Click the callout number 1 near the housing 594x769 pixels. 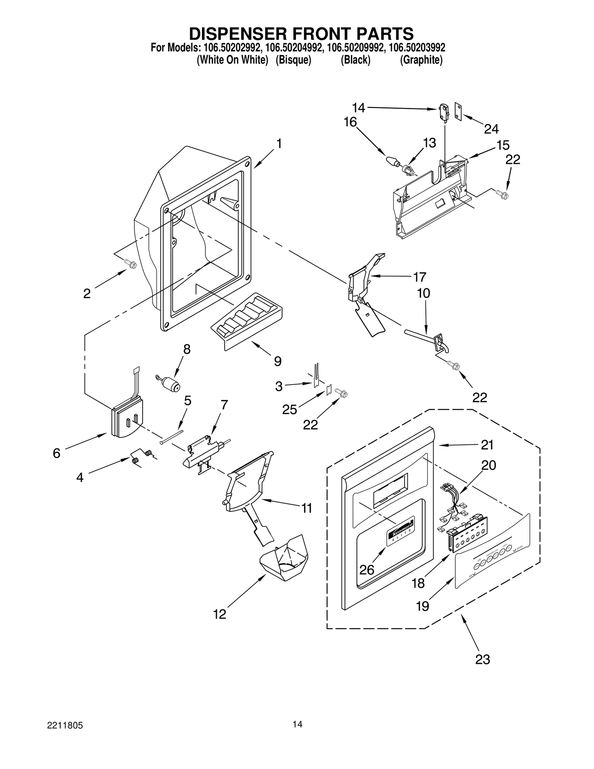coord(279,144)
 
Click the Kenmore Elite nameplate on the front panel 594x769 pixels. coord(400,531)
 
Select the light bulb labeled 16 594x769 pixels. coord(391,162)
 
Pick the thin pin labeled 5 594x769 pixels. coord(172,437)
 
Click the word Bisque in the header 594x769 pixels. coord(293,60)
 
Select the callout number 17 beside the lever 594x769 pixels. coord(420,277)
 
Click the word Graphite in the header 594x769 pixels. coord(421,60)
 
